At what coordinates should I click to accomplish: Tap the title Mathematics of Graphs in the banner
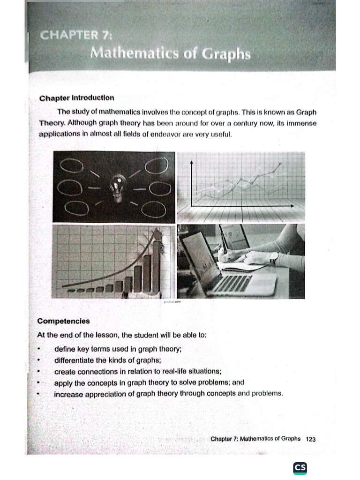pos(171,54)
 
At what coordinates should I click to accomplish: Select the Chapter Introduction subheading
pos(77,98)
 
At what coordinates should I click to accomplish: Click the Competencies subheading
pos(63,321)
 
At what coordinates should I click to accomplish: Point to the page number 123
pos(310,439)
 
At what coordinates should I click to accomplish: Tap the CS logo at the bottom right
pos(300,468)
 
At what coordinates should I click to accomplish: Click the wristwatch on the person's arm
pos(274,258)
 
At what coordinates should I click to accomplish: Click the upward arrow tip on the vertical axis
pos(192,162)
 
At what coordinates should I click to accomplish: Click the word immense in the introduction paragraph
pos(300,123)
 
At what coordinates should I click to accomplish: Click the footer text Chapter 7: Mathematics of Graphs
pos(255,439)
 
